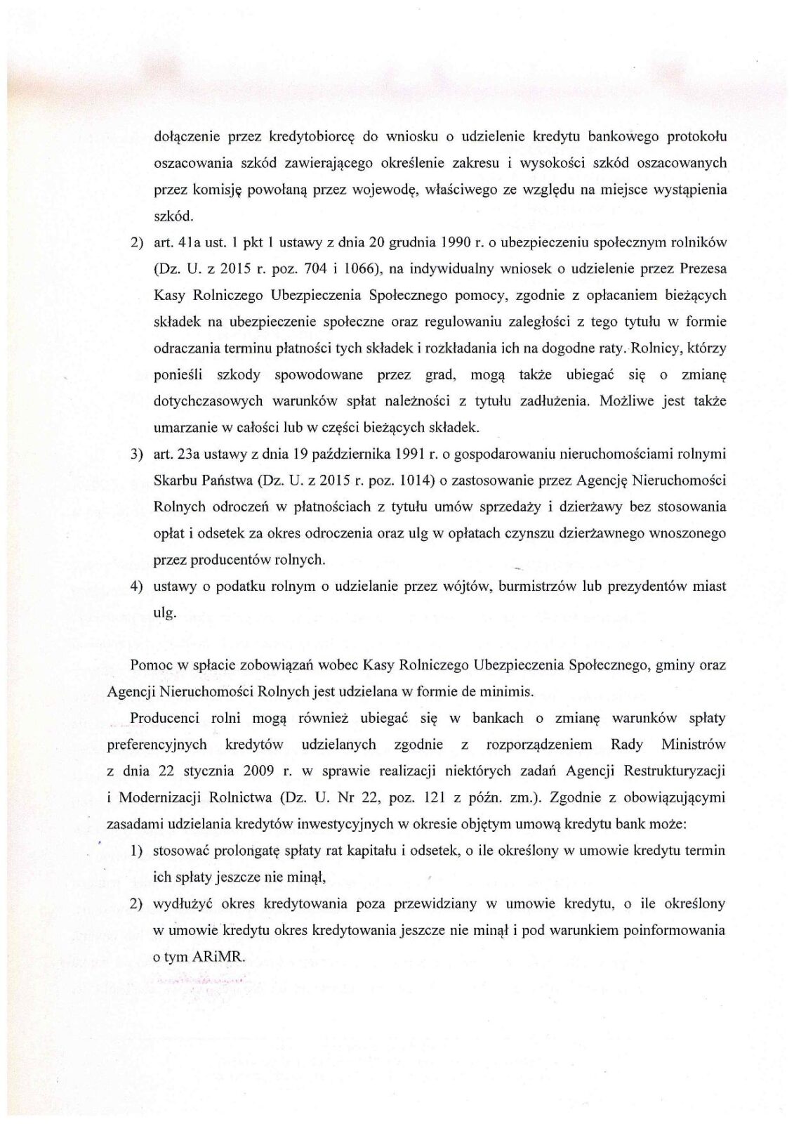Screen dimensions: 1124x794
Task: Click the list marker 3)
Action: click(x=137, y=455)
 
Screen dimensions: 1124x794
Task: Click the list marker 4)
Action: click(x=137, y=587)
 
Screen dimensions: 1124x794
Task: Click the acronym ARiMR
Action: click(x=217, y=957)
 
